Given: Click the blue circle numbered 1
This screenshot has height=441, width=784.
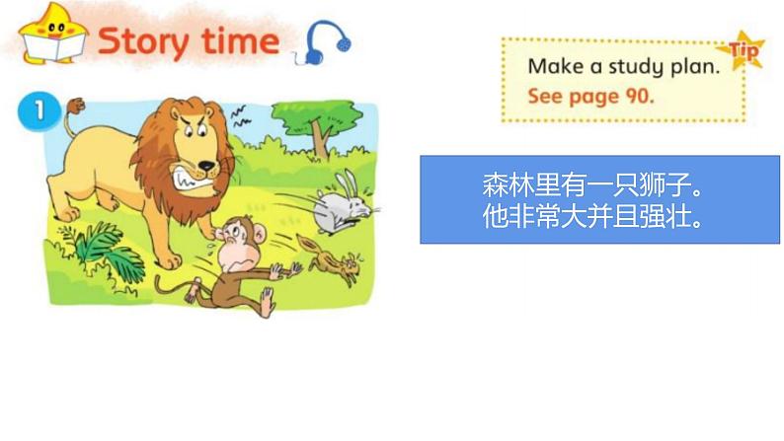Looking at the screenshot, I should point(36,110).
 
